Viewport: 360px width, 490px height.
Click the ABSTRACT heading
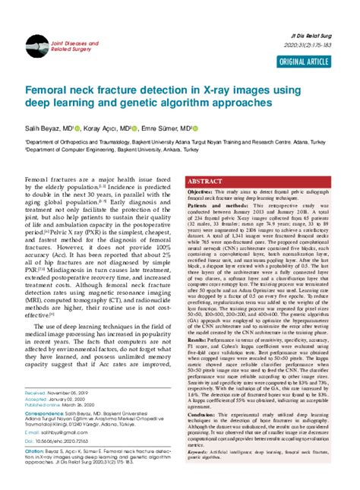tap(205, 182)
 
